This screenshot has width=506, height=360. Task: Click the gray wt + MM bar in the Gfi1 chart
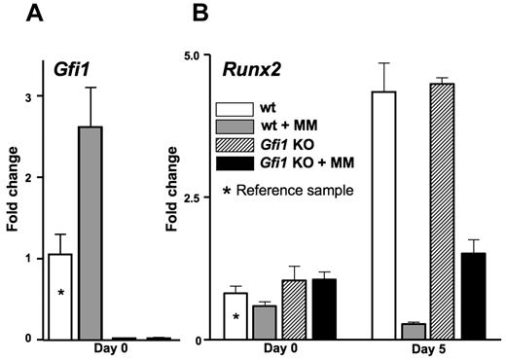tap(90, 234)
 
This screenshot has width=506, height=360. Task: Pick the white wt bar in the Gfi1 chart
tap(60, 296)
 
